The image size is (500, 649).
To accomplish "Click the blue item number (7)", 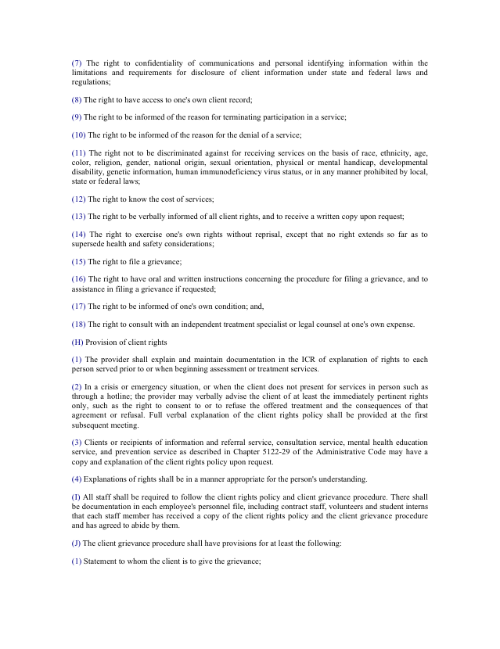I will (x=77, y=63).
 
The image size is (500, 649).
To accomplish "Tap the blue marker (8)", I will (x=77, y=99).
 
